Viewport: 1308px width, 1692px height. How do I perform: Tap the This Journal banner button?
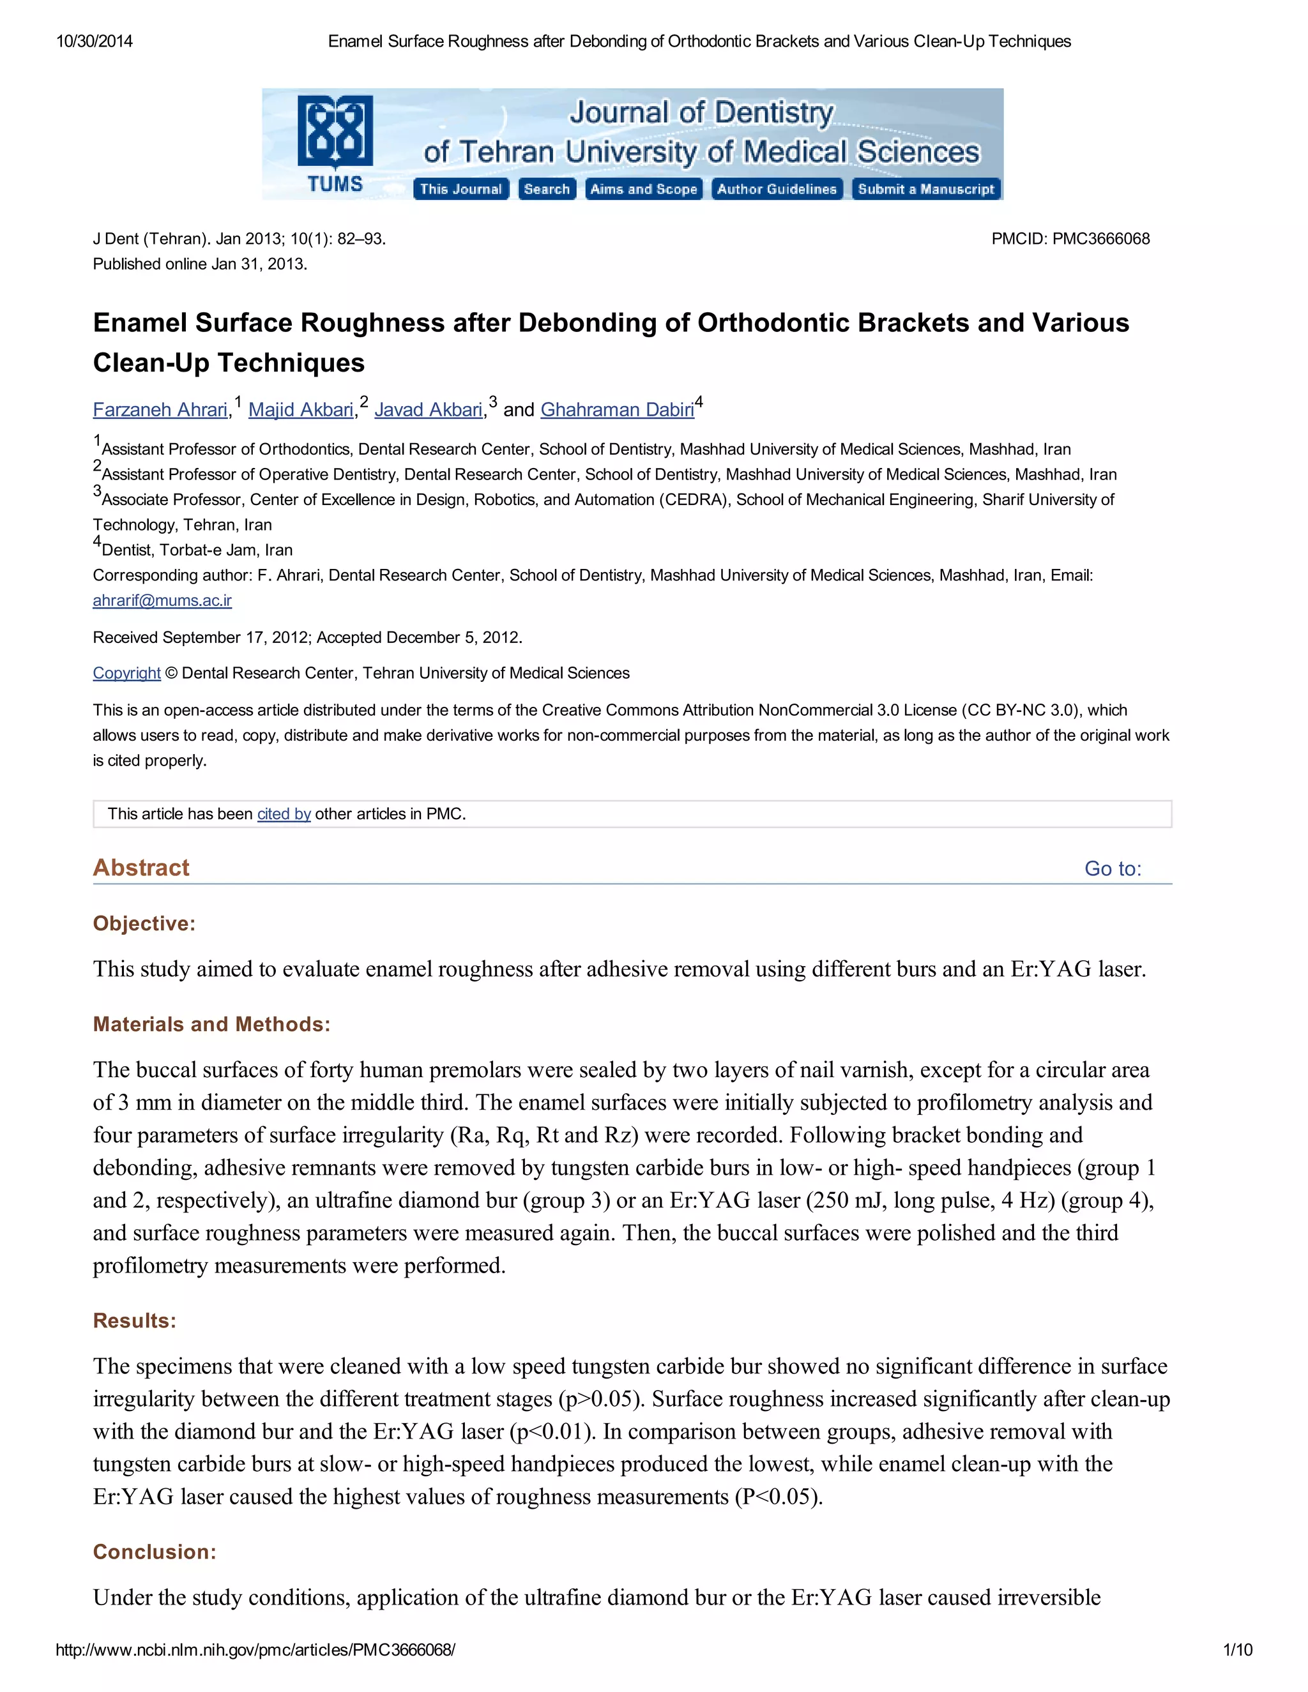point(461,189)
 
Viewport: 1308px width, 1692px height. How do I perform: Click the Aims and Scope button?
point(643,189)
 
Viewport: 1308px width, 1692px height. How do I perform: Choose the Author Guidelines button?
point(777,189)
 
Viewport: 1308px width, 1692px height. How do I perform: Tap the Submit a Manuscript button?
point(926,189)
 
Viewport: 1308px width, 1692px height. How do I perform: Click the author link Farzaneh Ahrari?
point(160,410)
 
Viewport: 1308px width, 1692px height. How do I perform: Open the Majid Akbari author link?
point(301,410)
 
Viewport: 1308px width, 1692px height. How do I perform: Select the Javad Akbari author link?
point(429,410)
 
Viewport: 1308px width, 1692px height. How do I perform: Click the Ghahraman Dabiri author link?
point(617,410)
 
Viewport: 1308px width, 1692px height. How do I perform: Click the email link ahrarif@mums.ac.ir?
point(162,600)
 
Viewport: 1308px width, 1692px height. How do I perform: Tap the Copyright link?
point(126,673)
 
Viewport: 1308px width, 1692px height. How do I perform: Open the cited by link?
point(284,814)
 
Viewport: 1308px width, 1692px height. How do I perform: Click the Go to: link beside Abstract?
point(1113,868)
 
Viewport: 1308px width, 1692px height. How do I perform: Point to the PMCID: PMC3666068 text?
point(1070,239)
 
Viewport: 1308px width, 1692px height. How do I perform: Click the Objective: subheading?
point(144,923)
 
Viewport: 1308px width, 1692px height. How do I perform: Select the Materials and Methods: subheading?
point(211,1024)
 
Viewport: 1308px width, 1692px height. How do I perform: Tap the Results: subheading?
point(135,1321)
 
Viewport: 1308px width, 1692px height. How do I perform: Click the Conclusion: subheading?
point(154,1552)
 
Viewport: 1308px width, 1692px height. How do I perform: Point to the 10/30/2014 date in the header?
point(95,41)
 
